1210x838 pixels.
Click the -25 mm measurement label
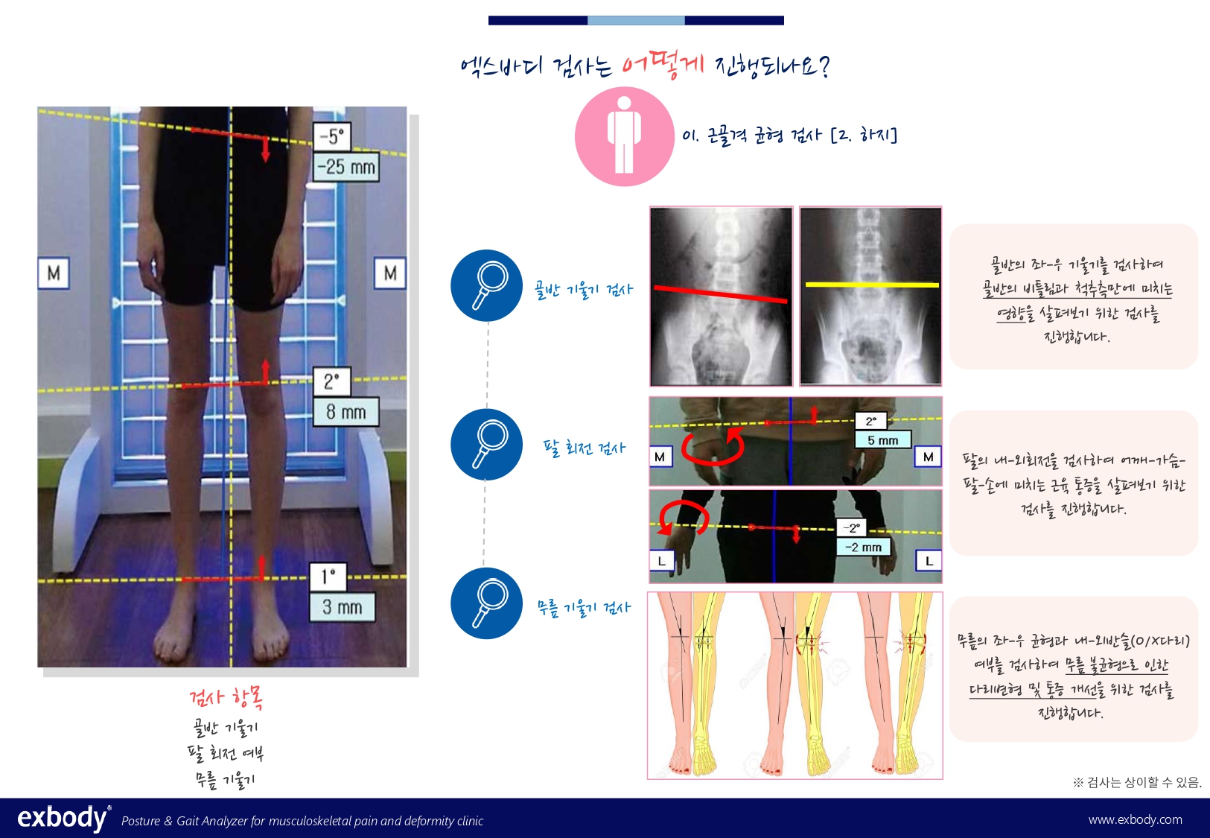(346, 166)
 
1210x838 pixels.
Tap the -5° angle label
(331, 136)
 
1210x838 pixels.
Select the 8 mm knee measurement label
(346, 412)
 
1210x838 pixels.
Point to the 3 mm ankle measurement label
(342, 607)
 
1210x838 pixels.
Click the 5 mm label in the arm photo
(882, 439)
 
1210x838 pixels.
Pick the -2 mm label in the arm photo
(863, 547)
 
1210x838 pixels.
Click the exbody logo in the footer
(64, 818)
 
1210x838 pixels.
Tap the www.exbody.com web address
(1135, 819)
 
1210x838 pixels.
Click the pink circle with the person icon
(625, 136)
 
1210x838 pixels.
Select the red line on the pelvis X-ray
(721, 294)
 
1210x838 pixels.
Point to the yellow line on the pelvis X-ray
(872, 285)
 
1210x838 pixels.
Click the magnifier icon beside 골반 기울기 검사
(487, 285)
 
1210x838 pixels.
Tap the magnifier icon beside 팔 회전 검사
(487, 444)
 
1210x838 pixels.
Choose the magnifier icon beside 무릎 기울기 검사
(487, 603)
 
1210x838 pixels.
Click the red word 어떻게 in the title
(663, 65)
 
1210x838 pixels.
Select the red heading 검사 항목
(226, 698)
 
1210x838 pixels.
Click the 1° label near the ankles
(328, 577)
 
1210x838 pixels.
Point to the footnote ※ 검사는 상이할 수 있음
(1137, 782)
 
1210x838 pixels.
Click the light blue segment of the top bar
(636, 21)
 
